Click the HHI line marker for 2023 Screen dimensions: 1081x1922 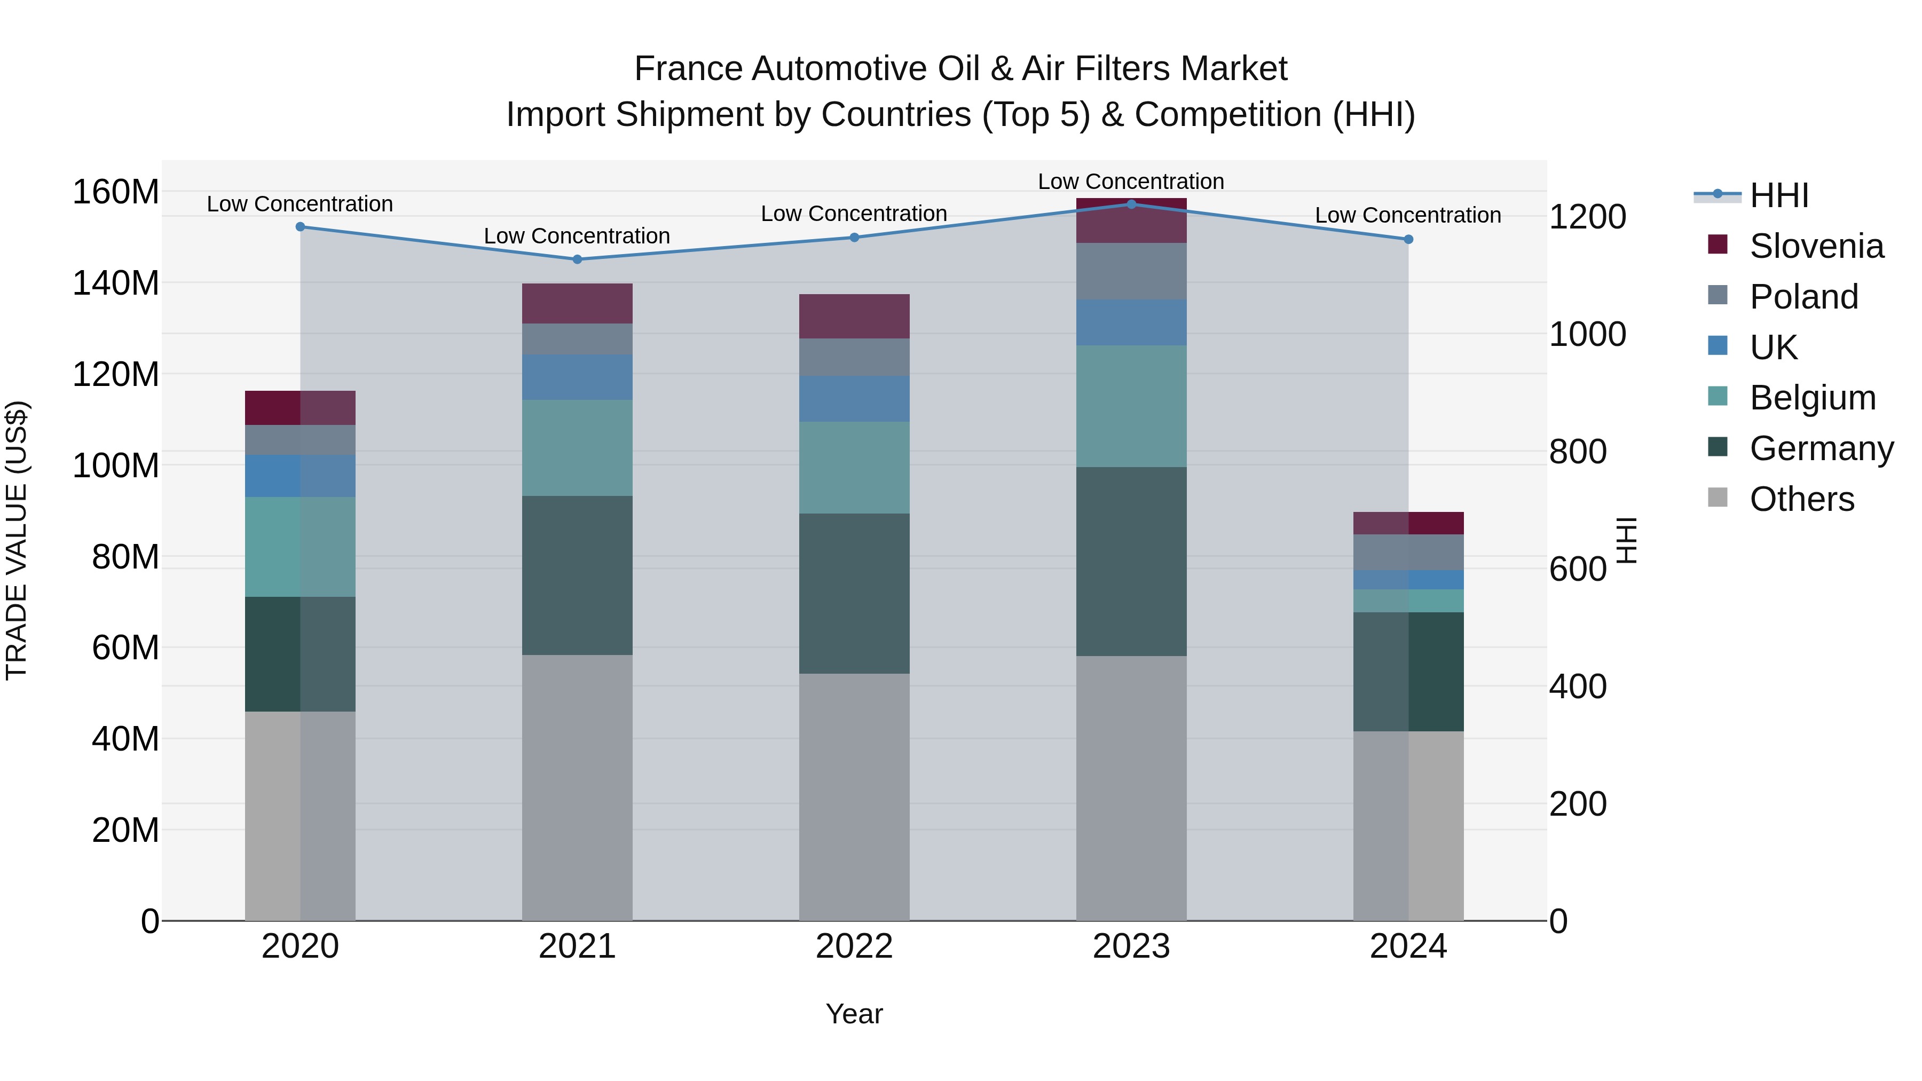pyautogui.click(x=1131, y=204)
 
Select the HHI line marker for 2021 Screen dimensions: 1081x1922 pyautogui.click(x=577, y=259)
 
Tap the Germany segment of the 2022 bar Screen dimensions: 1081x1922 pyautogui.click(x=854, y=593)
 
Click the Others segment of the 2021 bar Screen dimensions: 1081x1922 pyautogui.click(x=577, y=787)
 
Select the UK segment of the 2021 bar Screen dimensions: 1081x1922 pyautogui.click(x=577, y=377)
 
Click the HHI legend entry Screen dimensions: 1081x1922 pyautogui.click(x=1779, y=195)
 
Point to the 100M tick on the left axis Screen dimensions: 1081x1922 pyautogui.click(x=116, y=465)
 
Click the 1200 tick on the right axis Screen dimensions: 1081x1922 pyautogui.click(x=1587, y=217)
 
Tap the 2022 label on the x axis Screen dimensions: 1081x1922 pyautogui.click(x=854, y=946)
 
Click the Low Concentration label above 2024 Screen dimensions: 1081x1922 pyautogui.click(x=1408, y=215)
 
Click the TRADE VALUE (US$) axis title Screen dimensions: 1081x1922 pyautogui.click(x=17, y=540)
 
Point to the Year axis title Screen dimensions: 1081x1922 pyautogui.click(x=854, y=1014)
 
